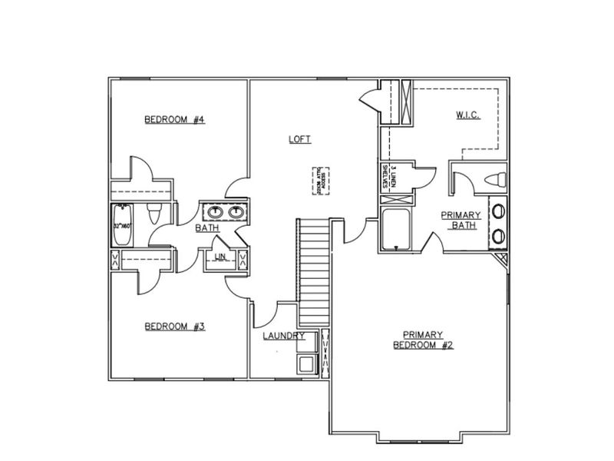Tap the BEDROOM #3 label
[174, 327]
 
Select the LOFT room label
[299, 139]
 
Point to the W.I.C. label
[467, 115]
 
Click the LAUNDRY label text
[283, 337]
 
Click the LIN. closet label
[220, 257]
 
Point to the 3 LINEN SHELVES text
[388, 177]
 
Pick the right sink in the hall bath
[235, 211]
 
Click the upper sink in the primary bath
[499, 210]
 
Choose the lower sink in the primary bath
[499, 235]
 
